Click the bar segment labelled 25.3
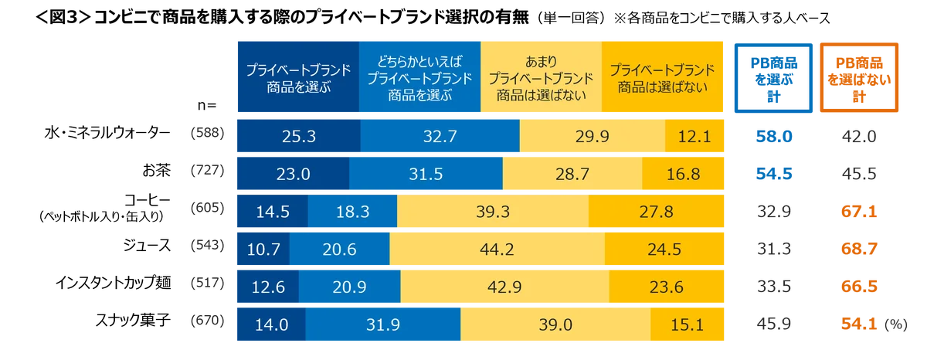coord(297,136)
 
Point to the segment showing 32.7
coord(440,136)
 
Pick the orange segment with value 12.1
coord(695,136)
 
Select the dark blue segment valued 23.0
coord(292,174)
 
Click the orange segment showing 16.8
coord(684,174)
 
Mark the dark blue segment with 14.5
coord(271,212)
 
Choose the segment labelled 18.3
coord(352,212)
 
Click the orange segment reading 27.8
coord(657,212)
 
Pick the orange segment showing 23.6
coord(667,287)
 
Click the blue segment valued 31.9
coord(383,325)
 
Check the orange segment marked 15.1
coord(688,325)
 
